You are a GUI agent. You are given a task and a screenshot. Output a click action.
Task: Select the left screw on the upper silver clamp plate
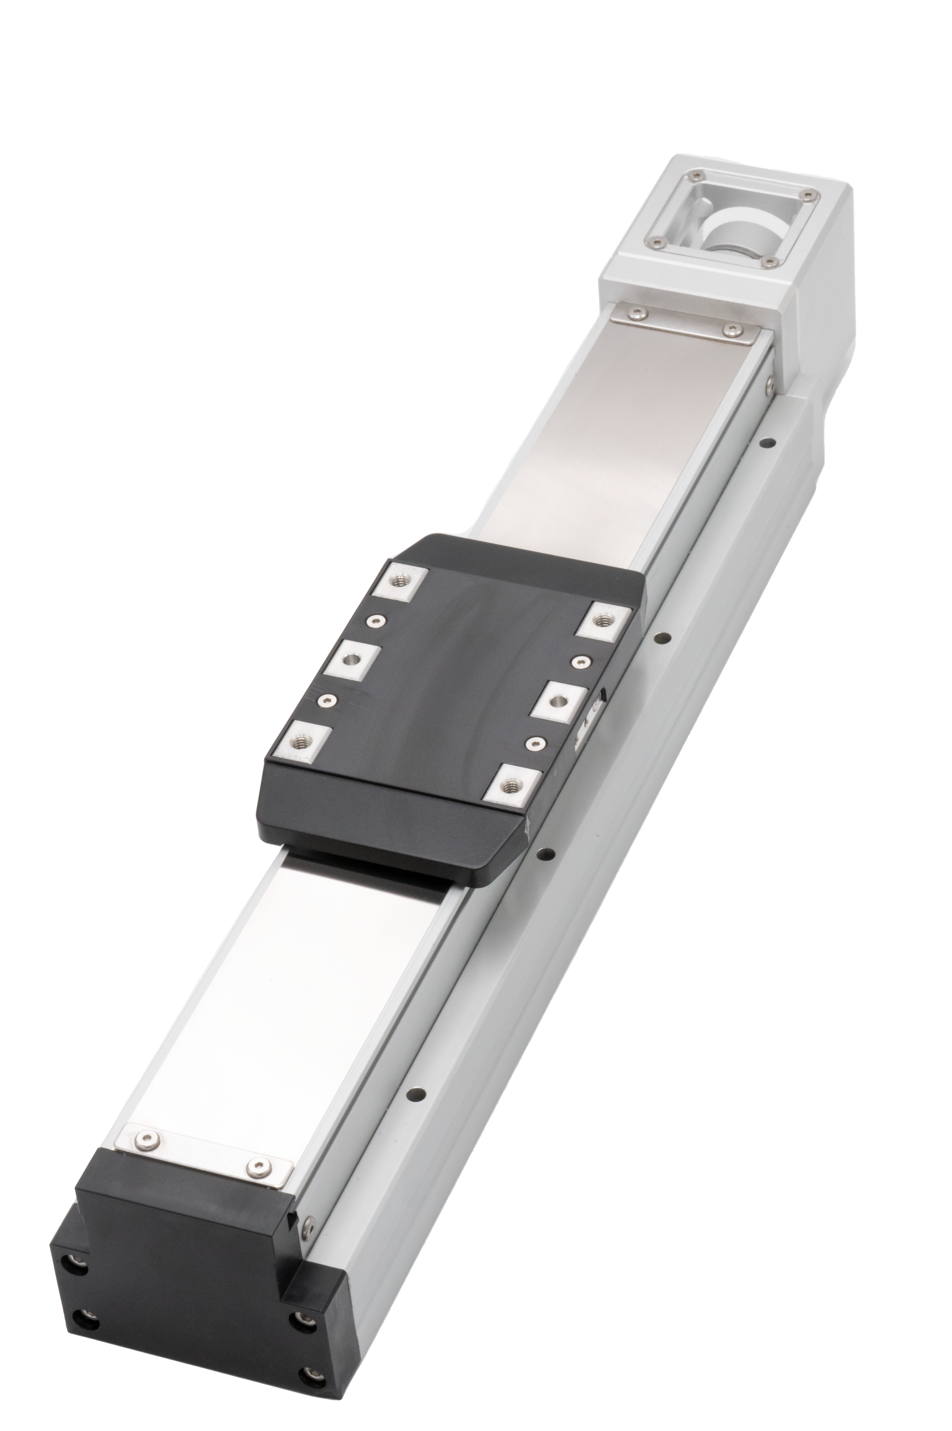(635, 313)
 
